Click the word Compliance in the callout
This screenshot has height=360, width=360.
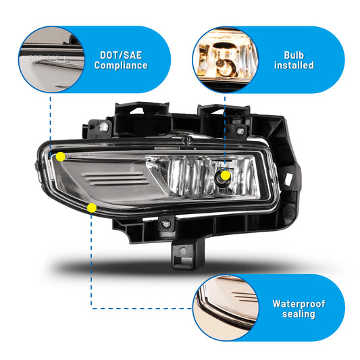(121, 66)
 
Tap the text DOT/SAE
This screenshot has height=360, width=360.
(121, 55)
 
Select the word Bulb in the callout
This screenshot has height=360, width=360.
(294, 55)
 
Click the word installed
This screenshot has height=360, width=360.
(294, 66)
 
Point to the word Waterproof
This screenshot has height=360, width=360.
(299, 304)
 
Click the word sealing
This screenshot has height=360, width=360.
(299, 314)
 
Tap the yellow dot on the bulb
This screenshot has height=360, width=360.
(226, 176)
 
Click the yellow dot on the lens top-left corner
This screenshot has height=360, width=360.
(61, 157)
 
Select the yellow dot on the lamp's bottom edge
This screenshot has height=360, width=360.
(92, 208)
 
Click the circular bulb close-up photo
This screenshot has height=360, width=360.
(225, 59)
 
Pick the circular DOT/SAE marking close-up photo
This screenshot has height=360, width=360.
(51, 59)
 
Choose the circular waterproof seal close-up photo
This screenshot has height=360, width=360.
(226, 307)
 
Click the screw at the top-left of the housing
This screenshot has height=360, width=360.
(104, 127)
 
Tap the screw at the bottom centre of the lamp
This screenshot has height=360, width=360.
(166, 224)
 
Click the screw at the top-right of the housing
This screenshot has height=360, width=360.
(240, 131)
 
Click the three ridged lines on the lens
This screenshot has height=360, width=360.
(115, 179)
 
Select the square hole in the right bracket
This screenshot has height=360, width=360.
(288, 178)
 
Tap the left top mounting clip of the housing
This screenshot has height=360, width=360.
(143, 119)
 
